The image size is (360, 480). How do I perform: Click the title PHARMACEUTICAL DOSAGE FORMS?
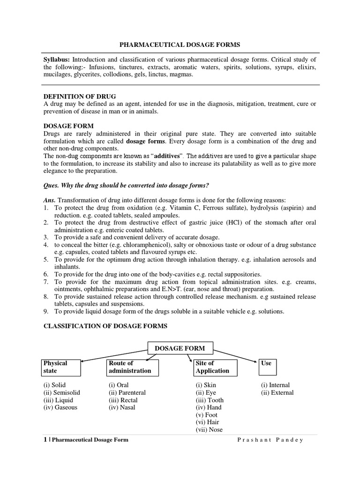pyautogui.click(x=180, y=45)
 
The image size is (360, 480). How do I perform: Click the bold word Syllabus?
pyautogui.click(x=56, y=60)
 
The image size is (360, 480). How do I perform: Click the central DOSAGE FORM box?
pyautogui.click(x=180, y=348)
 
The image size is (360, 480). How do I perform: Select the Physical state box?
pyautogui.click(x=61, y=367)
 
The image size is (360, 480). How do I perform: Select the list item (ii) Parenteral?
pyautogui.click(x=127, y=393)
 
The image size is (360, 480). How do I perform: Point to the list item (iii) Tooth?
pyautogui.click(x=210, y=400)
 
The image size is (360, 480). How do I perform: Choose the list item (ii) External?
pyautogui.click(x=277, y=393)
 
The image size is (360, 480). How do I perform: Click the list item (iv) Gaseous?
pyautogui.click(x=60, y=407)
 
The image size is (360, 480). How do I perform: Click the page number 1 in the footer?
pyautogui.click(x=45, y=440)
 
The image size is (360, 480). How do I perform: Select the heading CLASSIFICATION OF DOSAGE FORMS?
pyautogui.click(x=105, y=326)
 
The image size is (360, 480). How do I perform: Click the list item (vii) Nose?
pyautogui.click(x=209, y=430)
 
